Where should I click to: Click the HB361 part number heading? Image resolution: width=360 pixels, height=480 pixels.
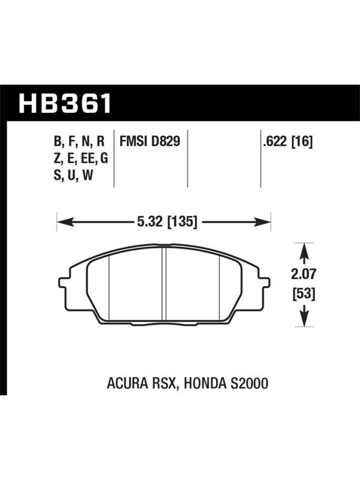coord(65,103)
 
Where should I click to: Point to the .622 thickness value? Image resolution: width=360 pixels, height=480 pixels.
coord(275,142)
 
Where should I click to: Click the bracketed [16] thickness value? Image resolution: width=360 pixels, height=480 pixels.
coord(302,142)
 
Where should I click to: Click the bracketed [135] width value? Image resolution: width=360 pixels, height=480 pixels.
coord(182,221)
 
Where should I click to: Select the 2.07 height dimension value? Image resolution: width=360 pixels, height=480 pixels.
coord(303,274)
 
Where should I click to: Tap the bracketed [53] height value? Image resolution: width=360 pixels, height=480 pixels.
coord(304,295)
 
